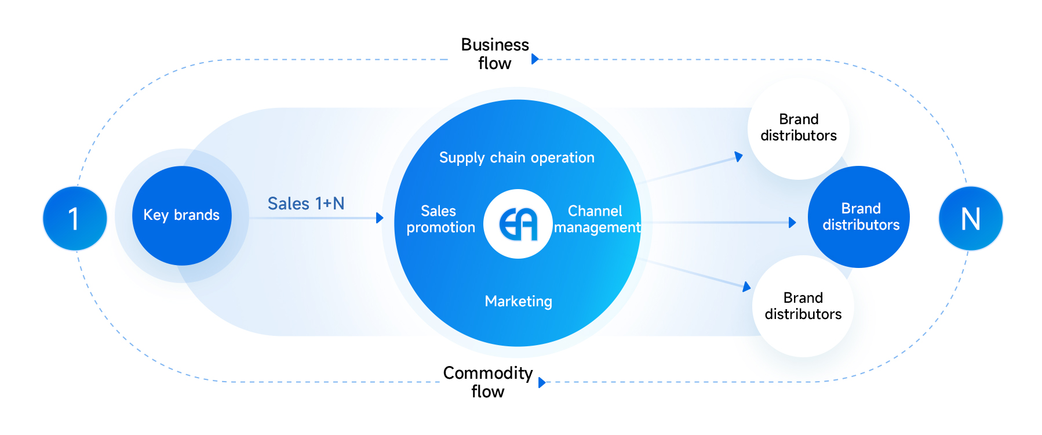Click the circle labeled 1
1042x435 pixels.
tap(75, 219)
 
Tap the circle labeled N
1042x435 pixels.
tap(970, 219)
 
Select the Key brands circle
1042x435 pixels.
tap(181, 215)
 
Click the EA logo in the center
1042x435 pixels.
tap(518, 224)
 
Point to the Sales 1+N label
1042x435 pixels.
tap(306, 204)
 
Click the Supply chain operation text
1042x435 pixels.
tap(516, 158)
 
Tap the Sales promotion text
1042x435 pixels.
tap(440, 219)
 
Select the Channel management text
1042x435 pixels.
tap(596, 219)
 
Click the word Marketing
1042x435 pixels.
tap(518, 302)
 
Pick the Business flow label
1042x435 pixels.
tap(494, 54)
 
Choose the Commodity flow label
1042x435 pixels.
tap(487, 382)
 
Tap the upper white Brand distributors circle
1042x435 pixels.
tap(798, 128)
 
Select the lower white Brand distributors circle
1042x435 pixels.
tap(803, 306)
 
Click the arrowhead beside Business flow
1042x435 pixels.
tap(535, 59)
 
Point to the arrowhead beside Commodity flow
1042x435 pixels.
tap(541, 382)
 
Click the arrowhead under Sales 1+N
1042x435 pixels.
tap(380, 218)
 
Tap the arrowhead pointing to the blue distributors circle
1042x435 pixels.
tap(792, 223)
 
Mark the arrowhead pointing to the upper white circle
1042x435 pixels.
tap(739, 157)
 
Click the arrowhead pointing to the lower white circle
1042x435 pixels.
tap(746, 287)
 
